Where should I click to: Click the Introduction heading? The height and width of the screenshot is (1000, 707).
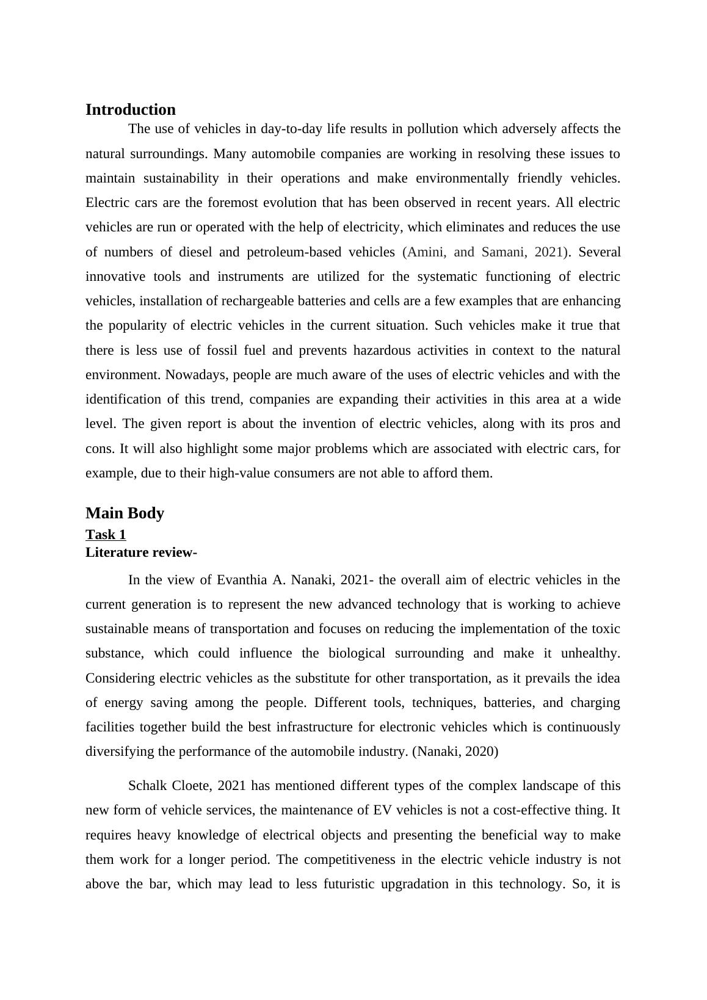tap(130, 110)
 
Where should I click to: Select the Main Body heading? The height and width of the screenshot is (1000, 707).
tap(125, 513)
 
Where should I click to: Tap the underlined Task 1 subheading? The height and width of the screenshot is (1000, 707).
tap(106, 535)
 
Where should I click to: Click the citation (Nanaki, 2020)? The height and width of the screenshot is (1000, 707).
tap(455, 752)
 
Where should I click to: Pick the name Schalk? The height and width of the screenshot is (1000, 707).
tap(147, 786)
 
